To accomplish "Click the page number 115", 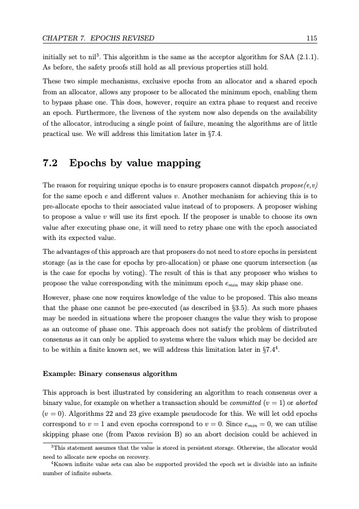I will [x=312, y=39].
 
